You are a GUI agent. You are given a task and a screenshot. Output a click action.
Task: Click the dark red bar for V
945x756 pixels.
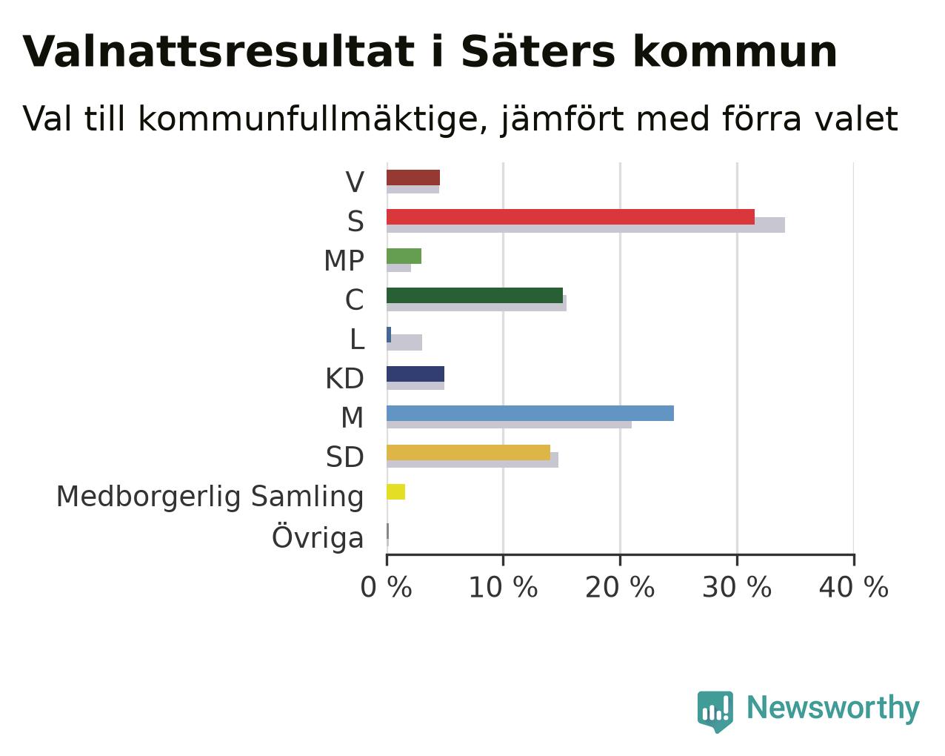(413, 178)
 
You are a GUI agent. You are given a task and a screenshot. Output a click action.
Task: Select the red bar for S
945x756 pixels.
(570, 216)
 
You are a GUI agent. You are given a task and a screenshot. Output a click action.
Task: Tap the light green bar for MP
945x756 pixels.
(404, 256)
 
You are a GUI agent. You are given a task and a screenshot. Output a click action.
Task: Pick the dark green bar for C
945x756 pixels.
(474, 296)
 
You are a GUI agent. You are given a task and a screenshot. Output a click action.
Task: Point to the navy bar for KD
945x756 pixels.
(415, 374)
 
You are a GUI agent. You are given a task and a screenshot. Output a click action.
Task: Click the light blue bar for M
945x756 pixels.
(530, 413)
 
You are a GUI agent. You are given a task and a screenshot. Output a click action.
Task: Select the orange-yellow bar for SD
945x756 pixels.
(468, 452)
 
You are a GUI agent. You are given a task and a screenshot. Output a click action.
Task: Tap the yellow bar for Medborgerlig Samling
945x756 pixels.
(395, 492)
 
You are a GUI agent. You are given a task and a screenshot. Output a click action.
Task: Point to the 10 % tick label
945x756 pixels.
(504, 588)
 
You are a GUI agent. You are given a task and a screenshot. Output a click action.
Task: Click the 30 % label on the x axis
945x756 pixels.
(737, 588)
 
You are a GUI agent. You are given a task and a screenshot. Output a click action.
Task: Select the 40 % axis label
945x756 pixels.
(854, 588)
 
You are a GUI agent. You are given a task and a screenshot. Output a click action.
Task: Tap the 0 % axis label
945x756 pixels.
(386, 588)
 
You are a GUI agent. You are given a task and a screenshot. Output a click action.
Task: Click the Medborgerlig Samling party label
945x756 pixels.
(210, 497)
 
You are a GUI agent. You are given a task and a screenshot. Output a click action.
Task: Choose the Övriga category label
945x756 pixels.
(318, 536)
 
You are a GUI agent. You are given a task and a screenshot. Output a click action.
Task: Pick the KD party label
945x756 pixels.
(344, 379)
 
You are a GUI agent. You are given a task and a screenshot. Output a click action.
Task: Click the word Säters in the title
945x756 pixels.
(538, 51)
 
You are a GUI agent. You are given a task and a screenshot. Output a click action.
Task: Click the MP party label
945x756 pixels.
(344, 261)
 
